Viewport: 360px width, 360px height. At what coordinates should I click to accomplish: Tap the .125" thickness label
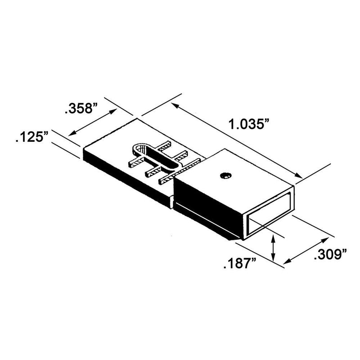[x=31, y=137]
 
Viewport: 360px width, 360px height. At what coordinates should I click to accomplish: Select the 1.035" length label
[x=251, y=125]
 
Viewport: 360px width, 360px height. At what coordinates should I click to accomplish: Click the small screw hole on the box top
[x=224, y=175]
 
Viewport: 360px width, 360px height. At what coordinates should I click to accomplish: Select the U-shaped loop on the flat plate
[x=153, y=155]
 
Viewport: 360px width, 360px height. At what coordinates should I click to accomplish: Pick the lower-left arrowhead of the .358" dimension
[x=71, y=134]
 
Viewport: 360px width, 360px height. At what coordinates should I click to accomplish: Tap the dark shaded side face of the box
[x=207, y=205]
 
